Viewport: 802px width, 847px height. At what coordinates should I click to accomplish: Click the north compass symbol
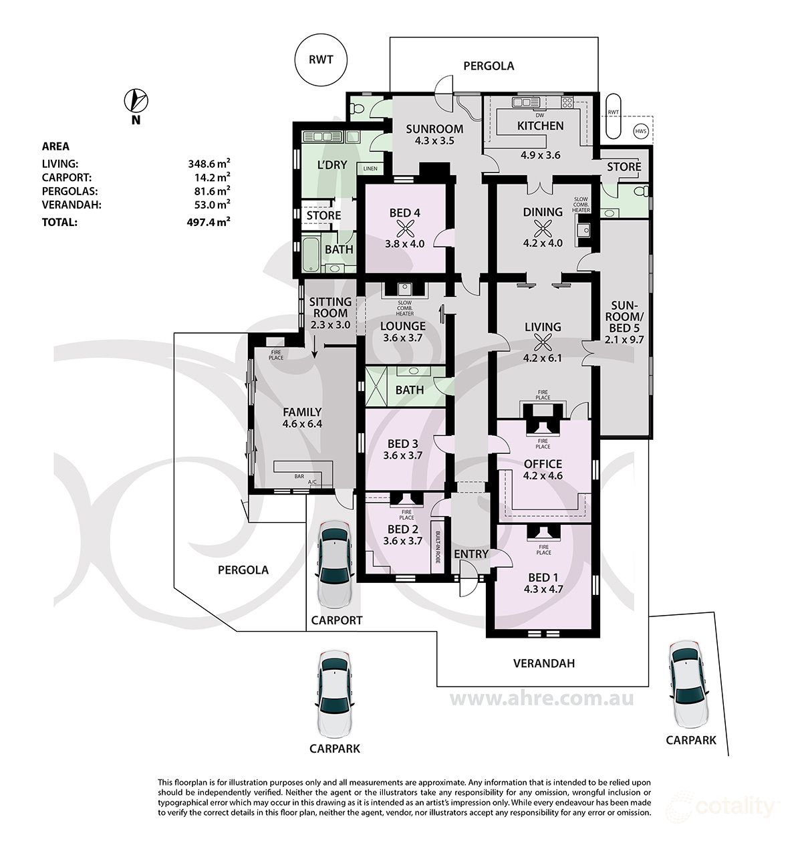coord(136,100)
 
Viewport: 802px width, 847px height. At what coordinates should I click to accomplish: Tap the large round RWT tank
coord(320,60)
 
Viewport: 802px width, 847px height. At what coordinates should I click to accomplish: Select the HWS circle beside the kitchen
coord(641,132)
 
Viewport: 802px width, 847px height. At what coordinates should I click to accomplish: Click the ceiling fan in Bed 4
coord(405,229)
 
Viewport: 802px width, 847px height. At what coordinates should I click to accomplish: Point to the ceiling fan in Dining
coord(543,228)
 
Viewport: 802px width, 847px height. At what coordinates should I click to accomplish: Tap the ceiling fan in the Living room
coord(543,343)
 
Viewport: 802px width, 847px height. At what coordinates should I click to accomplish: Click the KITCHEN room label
coord(540,126)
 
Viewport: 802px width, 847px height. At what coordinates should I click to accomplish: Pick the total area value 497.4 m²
coord(209,222)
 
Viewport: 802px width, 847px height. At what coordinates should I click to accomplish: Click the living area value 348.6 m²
coord(209,163)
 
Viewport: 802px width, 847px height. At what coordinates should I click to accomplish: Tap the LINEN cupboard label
coord(370,168)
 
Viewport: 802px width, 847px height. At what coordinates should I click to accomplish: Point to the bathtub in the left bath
coord(310,255)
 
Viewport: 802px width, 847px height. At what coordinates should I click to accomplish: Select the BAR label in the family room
coord(299,476)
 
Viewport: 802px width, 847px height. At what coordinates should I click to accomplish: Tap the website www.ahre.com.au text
coord(541,699)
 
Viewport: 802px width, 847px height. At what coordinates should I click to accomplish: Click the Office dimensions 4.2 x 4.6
coord(543,475)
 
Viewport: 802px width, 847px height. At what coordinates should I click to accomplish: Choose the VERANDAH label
coord(543,663)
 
